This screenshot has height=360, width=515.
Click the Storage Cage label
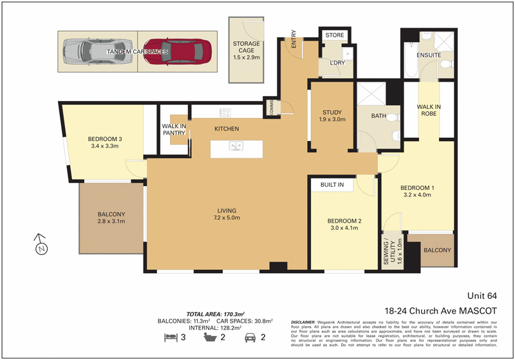(x=247, y=44)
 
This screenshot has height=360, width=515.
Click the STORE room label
(x=335, y=35)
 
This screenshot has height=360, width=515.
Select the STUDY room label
(x=332, y=113)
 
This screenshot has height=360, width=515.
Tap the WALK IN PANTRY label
(x=174, y=129)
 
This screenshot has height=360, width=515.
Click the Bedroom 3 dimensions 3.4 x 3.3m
(x=106, y=147)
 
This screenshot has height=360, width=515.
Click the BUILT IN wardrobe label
(x=332, y=185)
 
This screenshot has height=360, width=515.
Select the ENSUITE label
(x=429, y=55)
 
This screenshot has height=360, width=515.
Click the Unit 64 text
(x=483, y=296)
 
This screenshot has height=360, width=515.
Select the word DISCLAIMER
(x=303, y=321)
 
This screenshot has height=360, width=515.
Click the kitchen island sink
(x=236, y=146)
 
